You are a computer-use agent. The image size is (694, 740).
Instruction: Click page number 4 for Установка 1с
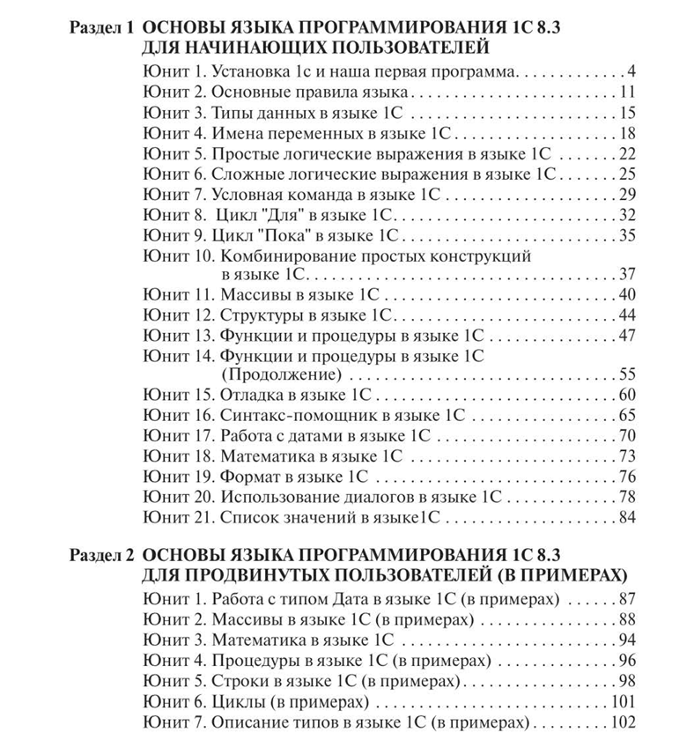click(x=631, y=70)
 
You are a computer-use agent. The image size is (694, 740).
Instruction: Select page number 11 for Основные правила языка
click(x=627, y=91)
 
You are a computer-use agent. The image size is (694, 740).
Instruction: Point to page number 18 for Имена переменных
click(x=627, y=133)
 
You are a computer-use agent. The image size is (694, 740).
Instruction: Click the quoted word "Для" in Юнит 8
click(x=273, y=214)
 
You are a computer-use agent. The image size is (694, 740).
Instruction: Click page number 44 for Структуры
click(x=627, y=314)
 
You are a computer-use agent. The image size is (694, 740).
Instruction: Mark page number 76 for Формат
click(x=627, y=477)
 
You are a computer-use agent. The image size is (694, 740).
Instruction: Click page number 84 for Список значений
click(x=627, y=517)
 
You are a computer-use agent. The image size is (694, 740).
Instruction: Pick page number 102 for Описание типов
click(x=623, y=722)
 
